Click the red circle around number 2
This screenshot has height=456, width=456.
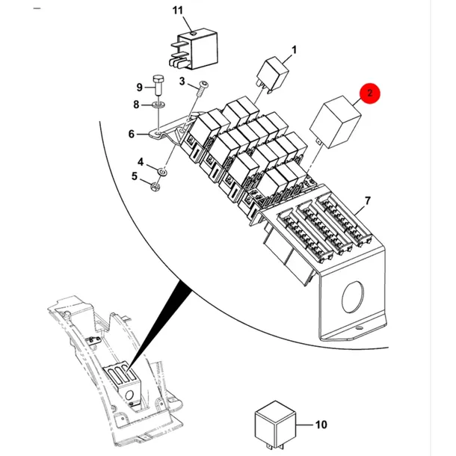tap(369, 93)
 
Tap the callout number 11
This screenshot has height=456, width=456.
tap(178, 10)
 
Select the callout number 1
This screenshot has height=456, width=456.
tap(294, 50)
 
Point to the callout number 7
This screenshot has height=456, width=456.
tap(368, 200)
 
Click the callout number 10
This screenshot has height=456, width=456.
tap(321, 425)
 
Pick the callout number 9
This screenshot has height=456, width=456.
tap(140, 87)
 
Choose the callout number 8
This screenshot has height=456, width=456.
tap(136, 105)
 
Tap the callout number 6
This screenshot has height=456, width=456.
tap(132, 134)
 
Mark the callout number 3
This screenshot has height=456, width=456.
tap(182, 81)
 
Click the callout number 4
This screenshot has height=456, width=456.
tap(141, 161)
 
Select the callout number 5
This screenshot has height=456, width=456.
tap(134, 176)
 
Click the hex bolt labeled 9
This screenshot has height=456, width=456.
tap(158, 84)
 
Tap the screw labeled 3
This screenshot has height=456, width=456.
tap(200, 90)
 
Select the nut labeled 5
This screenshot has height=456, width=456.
tap(155, 186)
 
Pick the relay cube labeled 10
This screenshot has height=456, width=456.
tap(275, 425)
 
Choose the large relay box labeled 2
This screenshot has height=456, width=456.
tap(335, 122)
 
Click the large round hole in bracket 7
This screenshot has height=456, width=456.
tap(353, 297)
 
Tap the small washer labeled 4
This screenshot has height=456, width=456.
tap(162, 172)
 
